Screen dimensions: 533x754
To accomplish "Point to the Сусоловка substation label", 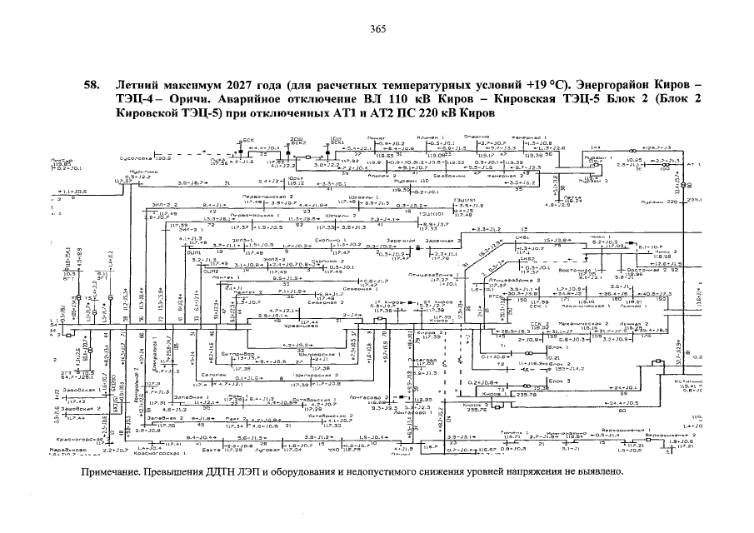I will click(x=136, y=157).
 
